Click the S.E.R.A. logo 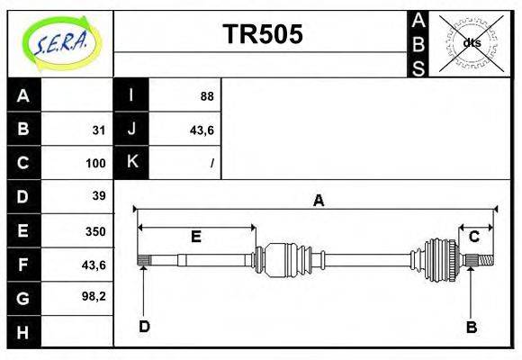pyautogui.click(x=59, y=43)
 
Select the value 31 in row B pyautogui.click(x=99, y=130)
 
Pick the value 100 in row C pyautogui.click(x=95, y=164)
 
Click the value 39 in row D pyautogui.click(x=99, y=195)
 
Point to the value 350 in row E pyautogui.click(x=95, y=230)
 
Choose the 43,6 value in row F pyautogui.click(x=94, y=264)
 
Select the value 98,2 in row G pyautogui.click(x=94, y=295)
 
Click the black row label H pyautogui.click(x=23, y=332)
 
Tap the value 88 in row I pyautogui.click(x=206, y=96)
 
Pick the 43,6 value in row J pyautogui.click(x=201, y=130)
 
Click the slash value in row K pyautogui.click(x=211, y=164)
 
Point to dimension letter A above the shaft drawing pyautogui.click(x=318, y=201)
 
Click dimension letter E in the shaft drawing pyautogui.click(x=195, y=237)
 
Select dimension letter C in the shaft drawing pyautogui.click(x=473, y=237)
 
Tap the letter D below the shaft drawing pyautogui.click(x=144, y=326)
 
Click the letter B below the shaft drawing pyautogui.click(x=471, y=327)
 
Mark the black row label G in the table pyautogui.click(x=23, y=297)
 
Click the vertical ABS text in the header pyautogui.click(x=418, y=43)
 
